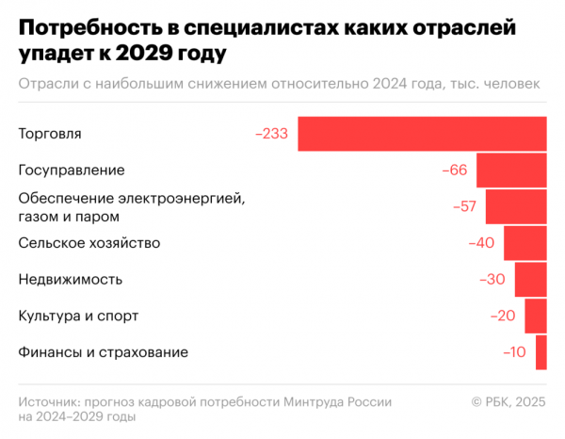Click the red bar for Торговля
point(422,134)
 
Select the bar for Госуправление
point(511,171)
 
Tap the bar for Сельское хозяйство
point(525,243)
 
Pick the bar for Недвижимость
point(530,280)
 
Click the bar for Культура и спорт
point(536,316)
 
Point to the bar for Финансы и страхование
point(541,352)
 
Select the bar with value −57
point(515,206)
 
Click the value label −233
point(271,134)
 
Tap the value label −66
point(454,171)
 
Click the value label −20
point(502,316)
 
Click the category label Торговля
point(50,134)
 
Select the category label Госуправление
point(72,171)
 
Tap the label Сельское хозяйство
point(89,243)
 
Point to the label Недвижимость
point(71,280)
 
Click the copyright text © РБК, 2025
point(508,402)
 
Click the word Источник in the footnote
point(49,402)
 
